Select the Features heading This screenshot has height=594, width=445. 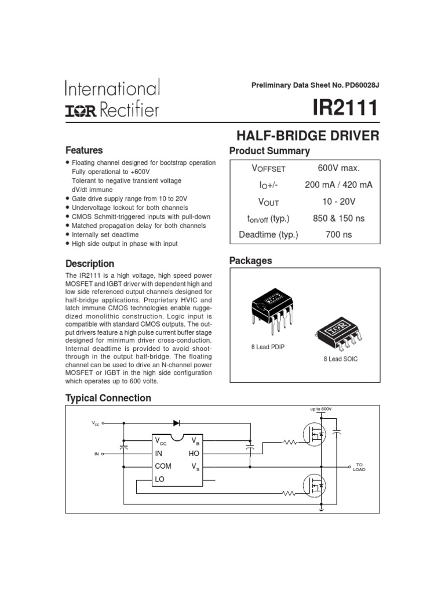click(x=84, y=150)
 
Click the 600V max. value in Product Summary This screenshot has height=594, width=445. click(x=339, y=168)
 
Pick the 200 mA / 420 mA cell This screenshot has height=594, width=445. click(x=339, y=185)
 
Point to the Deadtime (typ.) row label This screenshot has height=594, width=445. click(x=268, y=235)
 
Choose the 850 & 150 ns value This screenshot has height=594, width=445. click(x=339, y=219)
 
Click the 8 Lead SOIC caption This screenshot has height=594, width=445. click(x=341, y=359)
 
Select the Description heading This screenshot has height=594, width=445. click(x=90, y=263)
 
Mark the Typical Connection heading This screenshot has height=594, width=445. click(x=108, y=398)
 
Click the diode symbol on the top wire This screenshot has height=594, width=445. click(x=176, y=423)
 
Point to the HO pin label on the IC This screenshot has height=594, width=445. click(x=194, y=453)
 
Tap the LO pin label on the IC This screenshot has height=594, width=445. click(x=161, y=479)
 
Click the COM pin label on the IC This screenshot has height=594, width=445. click(x=163, y=466)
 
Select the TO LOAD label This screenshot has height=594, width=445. click(x=359, y=467)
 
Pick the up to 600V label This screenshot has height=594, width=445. click(x=321, y=409)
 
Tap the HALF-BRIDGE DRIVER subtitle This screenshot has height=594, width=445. click(x=308, y=136)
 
